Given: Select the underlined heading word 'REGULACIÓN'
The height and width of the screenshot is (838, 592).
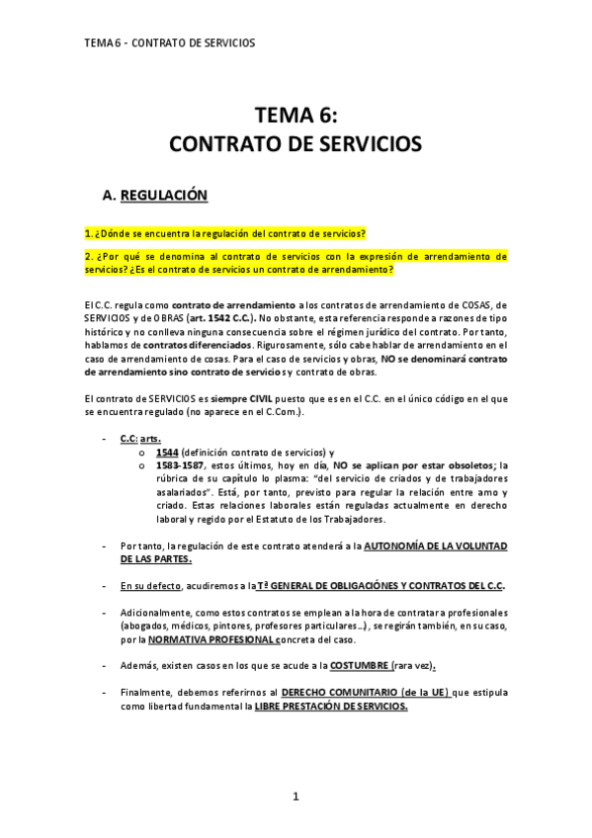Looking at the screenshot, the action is coord(164,196).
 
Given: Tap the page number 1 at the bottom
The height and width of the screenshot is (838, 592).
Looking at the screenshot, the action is coord(296,796).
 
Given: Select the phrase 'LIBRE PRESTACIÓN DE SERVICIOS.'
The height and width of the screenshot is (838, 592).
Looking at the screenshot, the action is coord(330,707).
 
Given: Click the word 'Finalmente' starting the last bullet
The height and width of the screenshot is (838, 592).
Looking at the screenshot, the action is coord(149,693).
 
